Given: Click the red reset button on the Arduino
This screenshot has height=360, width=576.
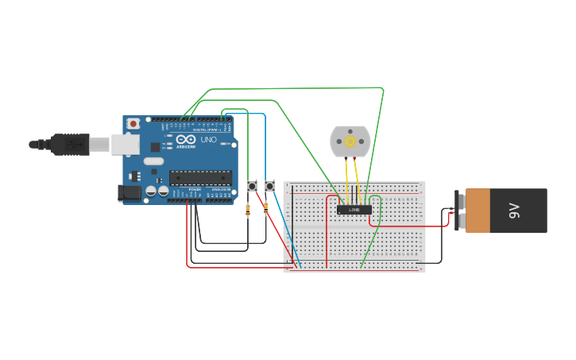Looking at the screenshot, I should pos(133,123).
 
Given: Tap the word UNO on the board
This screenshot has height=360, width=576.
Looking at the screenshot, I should pos(208,140).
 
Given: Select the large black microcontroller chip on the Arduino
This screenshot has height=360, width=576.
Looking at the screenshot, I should pos(200,177).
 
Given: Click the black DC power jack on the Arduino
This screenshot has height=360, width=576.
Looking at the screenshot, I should pos(126,192).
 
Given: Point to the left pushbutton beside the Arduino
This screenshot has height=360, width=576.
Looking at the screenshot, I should pos(252,186).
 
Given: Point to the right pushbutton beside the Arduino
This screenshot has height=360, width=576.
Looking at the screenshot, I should pos(270,186).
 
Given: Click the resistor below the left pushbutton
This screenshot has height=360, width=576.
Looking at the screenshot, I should pos(248,210).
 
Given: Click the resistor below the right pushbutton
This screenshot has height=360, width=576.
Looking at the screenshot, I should pos(265,209).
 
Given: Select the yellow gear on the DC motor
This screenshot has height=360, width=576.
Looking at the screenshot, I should pos(350,141).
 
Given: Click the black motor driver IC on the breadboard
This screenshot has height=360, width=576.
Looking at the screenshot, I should pos(354,210).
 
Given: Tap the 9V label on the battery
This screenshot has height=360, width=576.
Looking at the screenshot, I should pos(513,211).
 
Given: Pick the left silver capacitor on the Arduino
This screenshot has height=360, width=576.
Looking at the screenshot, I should pos(149,192).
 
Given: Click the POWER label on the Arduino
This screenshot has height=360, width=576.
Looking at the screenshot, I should pos(195,191).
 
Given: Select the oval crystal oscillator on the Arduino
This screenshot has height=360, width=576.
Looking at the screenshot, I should pos(153,161).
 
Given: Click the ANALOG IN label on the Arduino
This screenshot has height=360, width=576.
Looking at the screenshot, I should pos(220,191).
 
